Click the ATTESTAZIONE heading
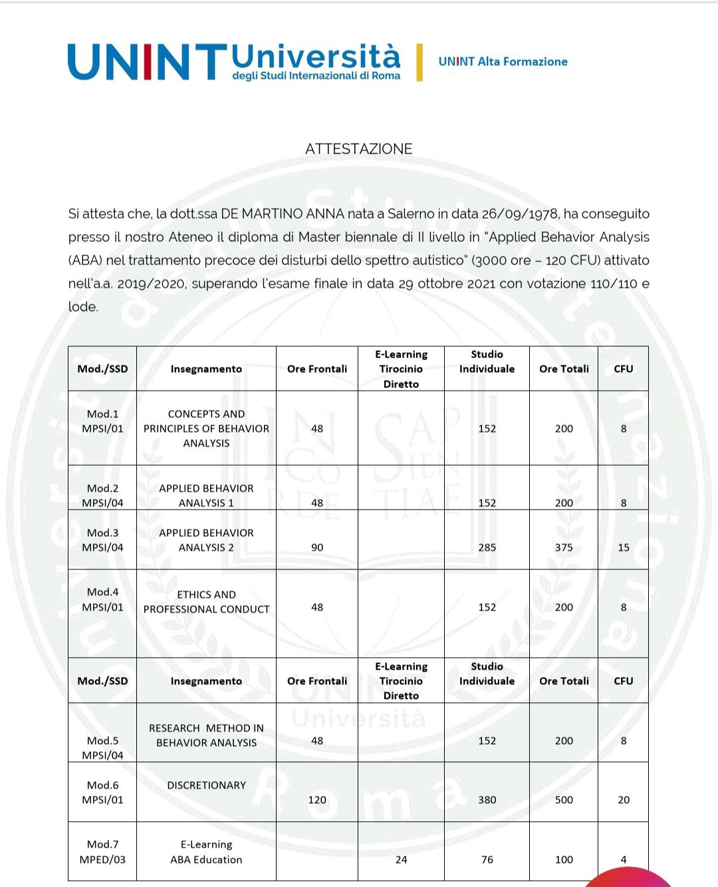358,149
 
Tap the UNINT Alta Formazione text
503,62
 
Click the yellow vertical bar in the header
419,62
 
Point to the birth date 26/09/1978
519,214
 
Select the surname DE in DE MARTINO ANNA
229,214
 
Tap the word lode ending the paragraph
82,307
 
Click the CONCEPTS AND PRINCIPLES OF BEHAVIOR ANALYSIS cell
206,429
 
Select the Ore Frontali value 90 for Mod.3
317,547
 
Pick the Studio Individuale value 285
487,547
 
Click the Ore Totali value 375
564,547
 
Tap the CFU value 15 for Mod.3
623,547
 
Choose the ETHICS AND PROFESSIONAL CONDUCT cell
206,602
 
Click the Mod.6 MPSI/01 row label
102,793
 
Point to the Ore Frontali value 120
317,800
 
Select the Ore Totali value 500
564,800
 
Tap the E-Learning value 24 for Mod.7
401,860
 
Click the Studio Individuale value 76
487,860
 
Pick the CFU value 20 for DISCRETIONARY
623,800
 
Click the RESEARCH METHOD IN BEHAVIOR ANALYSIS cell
206,736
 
